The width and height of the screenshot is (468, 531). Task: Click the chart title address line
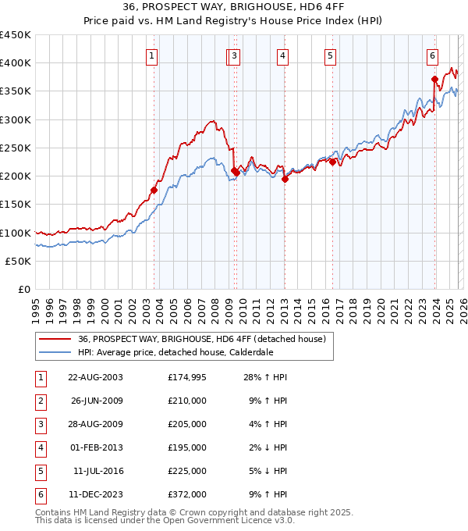[x=233, y=7]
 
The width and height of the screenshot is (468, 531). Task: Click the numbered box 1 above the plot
[x=151, y=55]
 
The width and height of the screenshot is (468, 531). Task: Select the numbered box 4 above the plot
[x=282, y=55]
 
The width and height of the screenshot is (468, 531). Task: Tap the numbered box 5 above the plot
[x=331, y=55]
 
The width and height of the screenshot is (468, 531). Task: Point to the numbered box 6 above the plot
[x=431, y=55]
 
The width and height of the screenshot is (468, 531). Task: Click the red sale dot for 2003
[x=154, y=190]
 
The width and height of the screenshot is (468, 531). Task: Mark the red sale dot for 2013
[x=285, y=179]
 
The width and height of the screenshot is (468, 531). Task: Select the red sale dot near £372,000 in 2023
[x=434, y=78]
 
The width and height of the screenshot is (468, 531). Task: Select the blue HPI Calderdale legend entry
[x=175, y=352]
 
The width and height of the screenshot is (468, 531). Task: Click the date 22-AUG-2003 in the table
[x=95, y=377]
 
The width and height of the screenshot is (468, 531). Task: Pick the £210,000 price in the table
[x=186, y=401]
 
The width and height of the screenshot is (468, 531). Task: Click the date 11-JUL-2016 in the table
[x=97, y=471]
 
